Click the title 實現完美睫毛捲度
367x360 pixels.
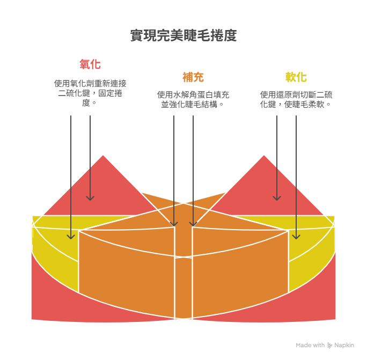(x=183, y=36)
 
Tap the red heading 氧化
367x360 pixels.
(x=90, y=64)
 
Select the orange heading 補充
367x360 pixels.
(x=193, y=77)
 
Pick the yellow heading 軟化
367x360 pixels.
(x=296, y=77)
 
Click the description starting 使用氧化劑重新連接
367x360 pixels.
(x=90, y=92)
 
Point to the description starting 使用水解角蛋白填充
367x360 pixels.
(x=193, y=99)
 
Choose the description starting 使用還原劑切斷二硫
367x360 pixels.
(x=296, y=99)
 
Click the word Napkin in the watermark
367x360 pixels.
(x=344, y=345)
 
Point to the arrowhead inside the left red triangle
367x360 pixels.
(x=90, y=198)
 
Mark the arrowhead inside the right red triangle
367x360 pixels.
(x=277, y=198)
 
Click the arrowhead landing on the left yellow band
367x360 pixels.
(x=71, y=236)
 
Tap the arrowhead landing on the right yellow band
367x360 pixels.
(x=296, y=236)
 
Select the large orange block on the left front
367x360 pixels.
(x=126, y=268)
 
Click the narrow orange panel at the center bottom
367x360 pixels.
(x=183, y=287)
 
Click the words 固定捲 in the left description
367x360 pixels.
(x=111, y=93)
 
